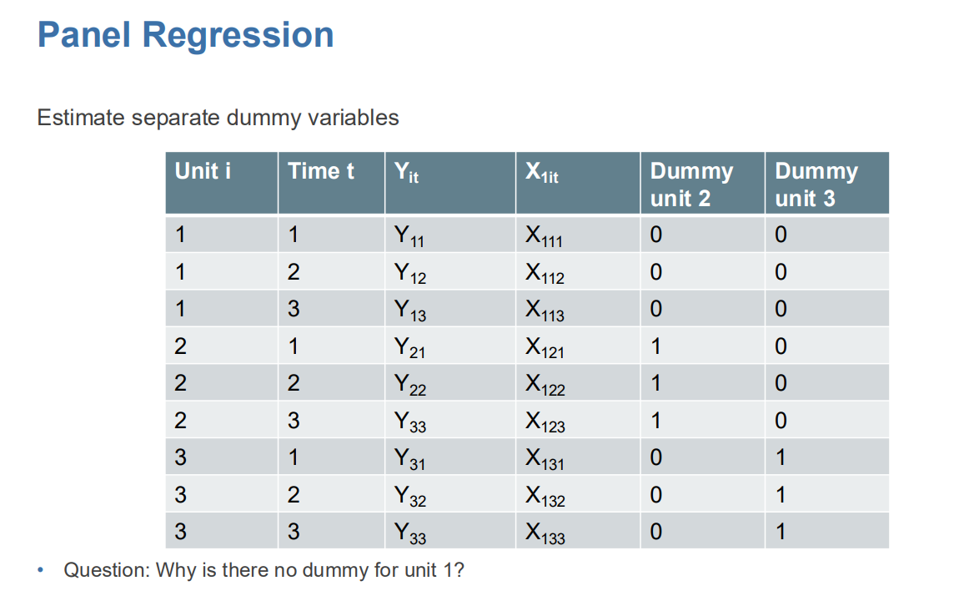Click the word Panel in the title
tap(83, 36)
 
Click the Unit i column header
tap(203, 172)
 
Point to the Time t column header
tap(321, 172)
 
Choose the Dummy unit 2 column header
tap(691, 184)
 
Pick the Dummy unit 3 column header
tap(816, 184)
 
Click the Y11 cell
tap(409, 237)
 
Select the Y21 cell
tap(409, 347)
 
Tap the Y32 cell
tap(409, 496)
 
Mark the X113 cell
tap(545, 311)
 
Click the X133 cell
tap(545, 533)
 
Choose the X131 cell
tap(545, 458)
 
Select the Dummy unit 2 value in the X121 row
tap(656, 346)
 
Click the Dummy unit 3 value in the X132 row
tap(781, 495)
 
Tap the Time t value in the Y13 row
tap(294, 310)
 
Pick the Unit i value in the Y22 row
tap(181, 383)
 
